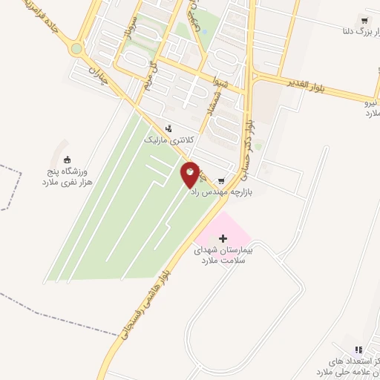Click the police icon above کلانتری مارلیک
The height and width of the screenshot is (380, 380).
168,128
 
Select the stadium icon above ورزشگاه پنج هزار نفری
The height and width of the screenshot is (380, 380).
68,160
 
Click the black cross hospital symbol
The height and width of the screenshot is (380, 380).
223,238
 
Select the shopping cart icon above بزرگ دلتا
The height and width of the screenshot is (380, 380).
364,19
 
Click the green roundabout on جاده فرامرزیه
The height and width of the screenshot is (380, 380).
76,50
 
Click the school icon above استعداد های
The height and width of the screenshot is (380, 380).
358,349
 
